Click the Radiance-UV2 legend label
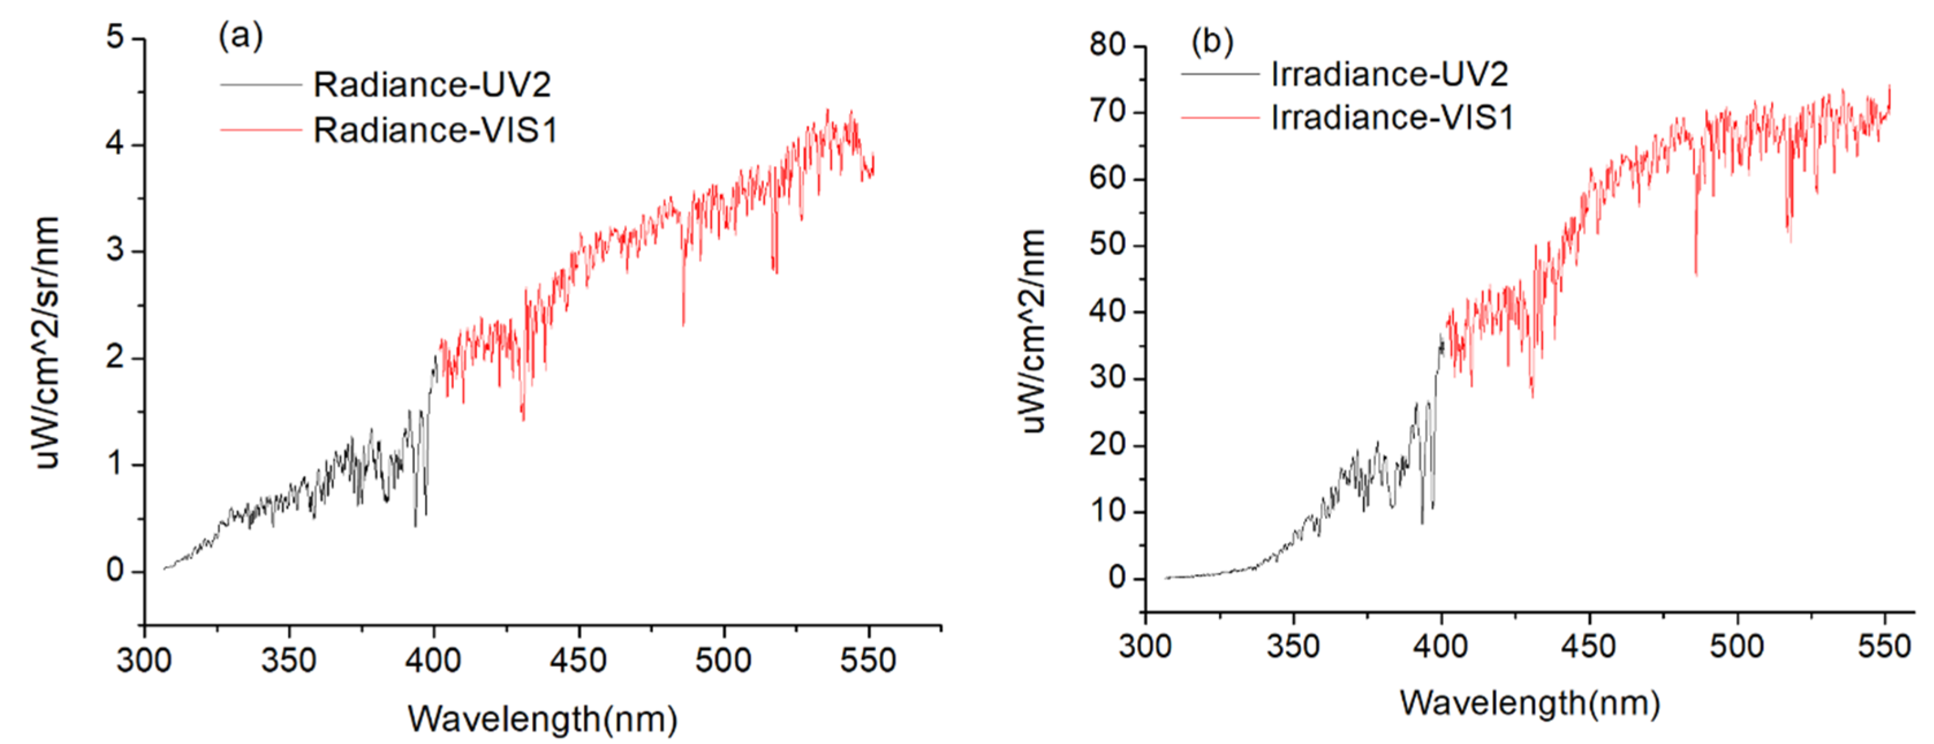(432, 85)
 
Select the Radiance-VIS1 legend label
(435, 131)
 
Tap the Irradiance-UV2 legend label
(1389, 74)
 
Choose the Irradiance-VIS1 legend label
(1392, 118)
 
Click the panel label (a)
(240, 36)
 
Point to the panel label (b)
(1212, 42)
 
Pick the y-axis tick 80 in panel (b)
(1107, 45)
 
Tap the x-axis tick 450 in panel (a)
(577, 660)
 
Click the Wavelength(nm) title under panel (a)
(542, 719)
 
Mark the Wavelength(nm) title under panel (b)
(1530, 704)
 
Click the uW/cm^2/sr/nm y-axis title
(47, 342)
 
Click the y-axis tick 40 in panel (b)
(1107, 312)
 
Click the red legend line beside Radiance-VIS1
(260, 131)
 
